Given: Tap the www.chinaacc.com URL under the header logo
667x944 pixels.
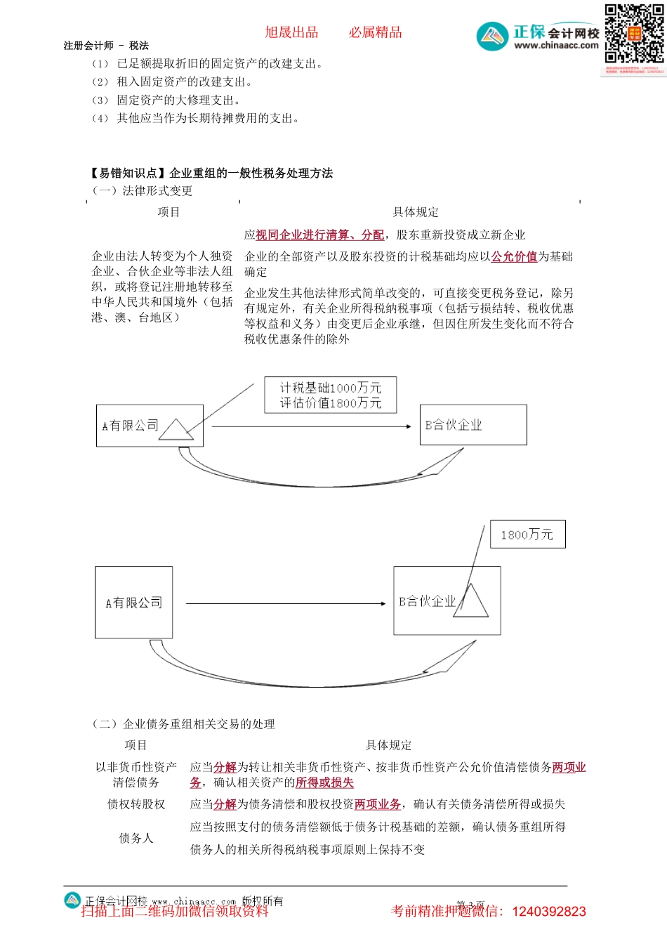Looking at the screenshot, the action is [x=556, y=46].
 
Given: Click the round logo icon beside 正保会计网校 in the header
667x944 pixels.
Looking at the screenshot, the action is [x=492, y=37].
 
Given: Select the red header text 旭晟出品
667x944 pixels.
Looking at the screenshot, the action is [x=291, y=32].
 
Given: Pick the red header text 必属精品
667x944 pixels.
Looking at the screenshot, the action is [x=376, y=32].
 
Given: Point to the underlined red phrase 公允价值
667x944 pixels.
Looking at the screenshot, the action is [x=514, y=257].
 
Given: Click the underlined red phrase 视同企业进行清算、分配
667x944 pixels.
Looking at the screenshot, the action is [x=319, y=235].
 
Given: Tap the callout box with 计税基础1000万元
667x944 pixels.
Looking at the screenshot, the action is [x=330, y=395].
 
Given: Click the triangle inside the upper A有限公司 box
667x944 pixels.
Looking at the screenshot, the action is [x=176, y=429].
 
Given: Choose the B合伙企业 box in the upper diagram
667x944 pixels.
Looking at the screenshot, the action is [x=473, y=425].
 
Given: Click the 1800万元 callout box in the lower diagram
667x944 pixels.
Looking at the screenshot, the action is [x=527, y=535].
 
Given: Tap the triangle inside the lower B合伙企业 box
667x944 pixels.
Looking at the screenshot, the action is [x=471, y=603].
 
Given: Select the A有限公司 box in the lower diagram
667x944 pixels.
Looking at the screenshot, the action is [x=133, y=603].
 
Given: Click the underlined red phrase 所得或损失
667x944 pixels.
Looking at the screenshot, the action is [x=324, y=782].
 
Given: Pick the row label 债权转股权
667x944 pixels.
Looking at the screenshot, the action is [x=136, y=804].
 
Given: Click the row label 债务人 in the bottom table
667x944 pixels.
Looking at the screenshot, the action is [x=136, y=838].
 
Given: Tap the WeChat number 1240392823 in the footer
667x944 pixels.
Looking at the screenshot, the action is [x=549, y=912].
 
